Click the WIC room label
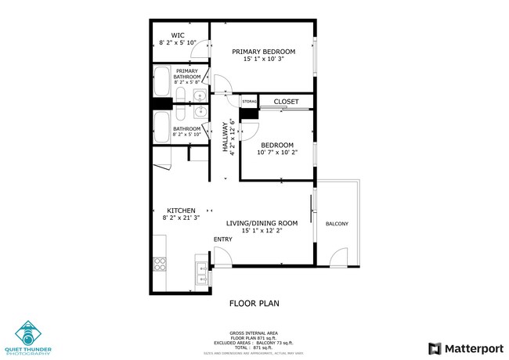click(178, 34)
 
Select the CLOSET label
click(286, 101)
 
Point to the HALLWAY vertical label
click(225, 138)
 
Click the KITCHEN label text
click(181, 210)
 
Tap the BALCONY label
click(337, 225)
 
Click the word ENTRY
click(223, 239)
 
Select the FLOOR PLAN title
click(254, 303)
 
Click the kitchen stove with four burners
click(159, 263)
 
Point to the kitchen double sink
click(200, 270)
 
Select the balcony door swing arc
click(340, 256)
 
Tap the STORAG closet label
click(249, 102)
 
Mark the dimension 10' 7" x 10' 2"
click(277, 153)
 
